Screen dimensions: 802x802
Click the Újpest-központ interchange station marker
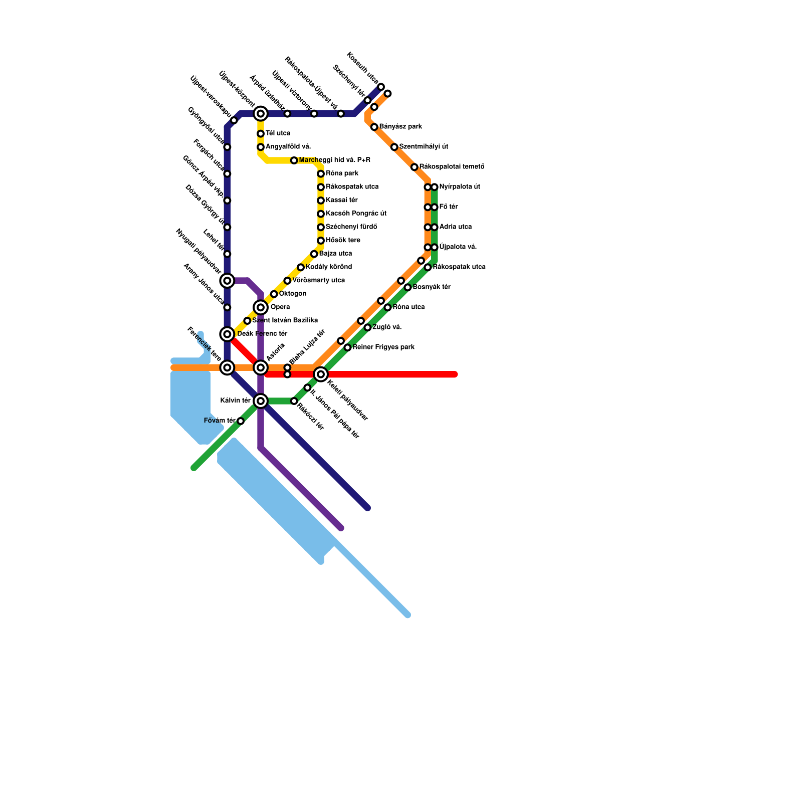point(261,114)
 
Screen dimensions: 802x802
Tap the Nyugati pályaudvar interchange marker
point(227,281)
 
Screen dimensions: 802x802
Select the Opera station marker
point(261,307)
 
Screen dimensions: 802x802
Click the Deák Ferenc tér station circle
point(227,334)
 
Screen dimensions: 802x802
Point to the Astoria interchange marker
point(261,368)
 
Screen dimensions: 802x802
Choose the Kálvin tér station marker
point(261,401)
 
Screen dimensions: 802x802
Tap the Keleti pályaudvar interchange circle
point(321,374)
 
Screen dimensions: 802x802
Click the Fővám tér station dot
point(241,421)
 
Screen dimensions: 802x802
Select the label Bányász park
point(400,126)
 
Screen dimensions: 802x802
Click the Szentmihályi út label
point(424,146)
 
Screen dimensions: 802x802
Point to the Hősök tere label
point(343,240)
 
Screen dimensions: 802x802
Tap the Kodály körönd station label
point(329,267)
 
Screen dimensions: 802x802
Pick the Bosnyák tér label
point(432,287)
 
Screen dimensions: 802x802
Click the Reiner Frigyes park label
point(383,347)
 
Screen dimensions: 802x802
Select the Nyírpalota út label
point(460,186)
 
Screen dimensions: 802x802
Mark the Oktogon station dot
point(274,294)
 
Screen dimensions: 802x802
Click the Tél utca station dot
point(261,134)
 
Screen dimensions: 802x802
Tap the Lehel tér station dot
point(227,254)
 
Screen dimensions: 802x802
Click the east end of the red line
point(455,374)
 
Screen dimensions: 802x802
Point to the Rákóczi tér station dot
point(294,401)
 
